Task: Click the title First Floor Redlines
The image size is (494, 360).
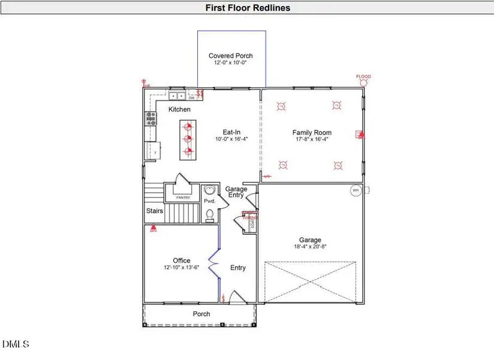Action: point(248,8)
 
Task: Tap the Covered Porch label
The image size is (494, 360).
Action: point(231,56)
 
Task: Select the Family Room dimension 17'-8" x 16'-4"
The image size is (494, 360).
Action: point(312,139)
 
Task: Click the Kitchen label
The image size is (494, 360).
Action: point(179,109)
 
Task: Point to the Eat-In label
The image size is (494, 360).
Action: point(231,132)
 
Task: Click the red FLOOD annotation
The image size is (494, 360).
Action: point(363,77)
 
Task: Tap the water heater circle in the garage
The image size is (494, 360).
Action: point(355,191)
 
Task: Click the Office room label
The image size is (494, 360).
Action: point(181,260)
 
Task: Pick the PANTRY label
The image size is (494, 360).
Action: point(183,197)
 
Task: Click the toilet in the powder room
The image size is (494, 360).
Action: point(210,215)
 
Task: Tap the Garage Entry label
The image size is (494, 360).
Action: point(236,193)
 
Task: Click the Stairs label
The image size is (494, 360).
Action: point(155,211)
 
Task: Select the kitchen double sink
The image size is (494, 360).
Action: point(177,95)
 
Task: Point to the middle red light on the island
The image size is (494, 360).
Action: point(188,139)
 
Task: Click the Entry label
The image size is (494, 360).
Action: point(238,268)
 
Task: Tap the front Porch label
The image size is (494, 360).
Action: point(201,314)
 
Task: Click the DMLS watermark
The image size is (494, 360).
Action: point(16,344)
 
